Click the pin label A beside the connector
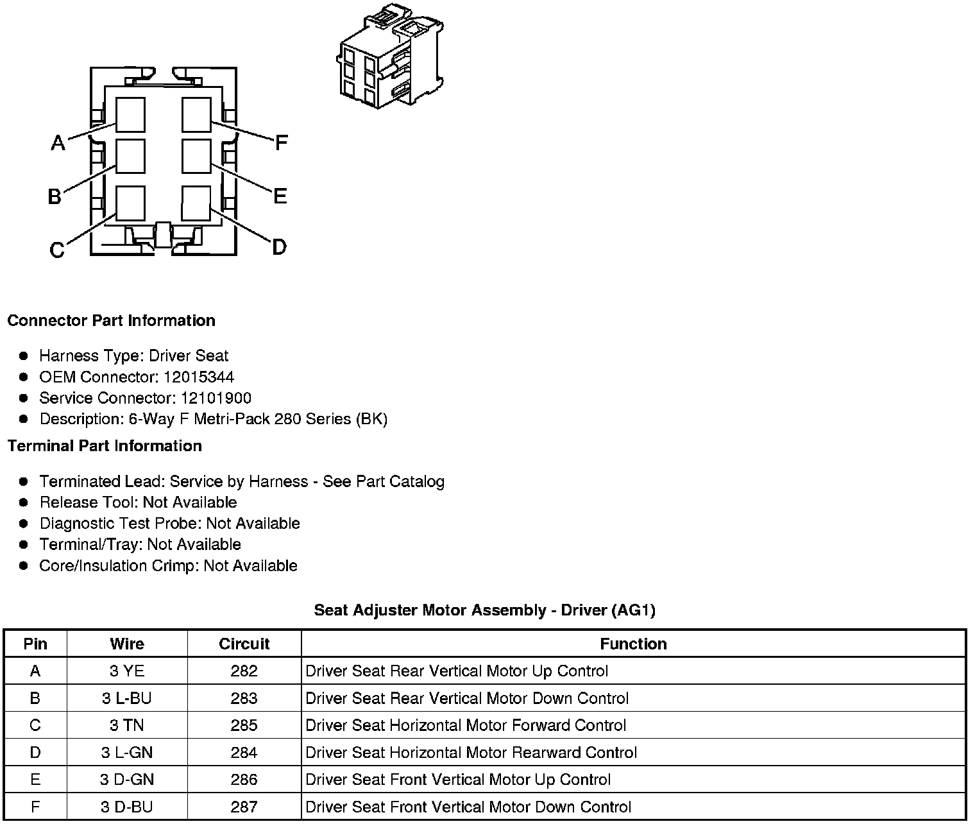pos(58,142)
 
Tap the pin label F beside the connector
pos(281,142)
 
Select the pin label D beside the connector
pos(279,246)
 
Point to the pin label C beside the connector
pos(57,250)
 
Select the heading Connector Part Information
pos(111,320)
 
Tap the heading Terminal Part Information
pos(105,445)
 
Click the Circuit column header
pos(244,644)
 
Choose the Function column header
pos(633,644)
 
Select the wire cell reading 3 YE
pos(127,671)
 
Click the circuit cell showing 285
pos(244,725)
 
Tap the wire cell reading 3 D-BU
pos(127,807)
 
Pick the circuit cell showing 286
pos(244,780)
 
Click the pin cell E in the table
pos(35,780)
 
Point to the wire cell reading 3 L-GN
pos(127,752)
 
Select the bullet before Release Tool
pos(24,502)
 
